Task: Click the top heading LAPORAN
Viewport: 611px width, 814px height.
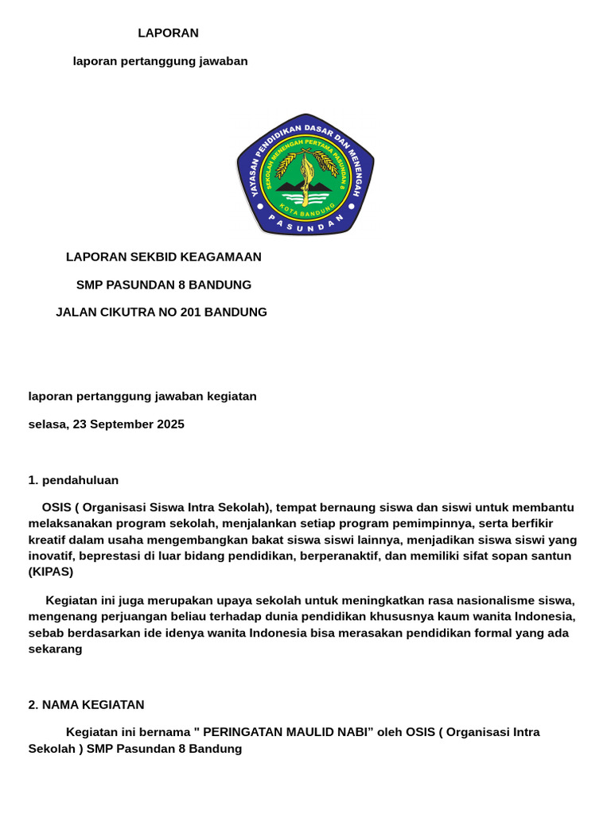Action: [x=168, y=33]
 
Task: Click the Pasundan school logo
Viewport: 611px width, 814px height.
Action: [x=305, y=175]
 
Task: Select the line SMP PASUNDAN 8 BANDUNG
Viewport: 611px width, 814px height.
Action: [x=164, y=285]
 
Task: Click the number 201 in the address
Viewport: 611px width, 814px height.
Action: [x=191, y=312]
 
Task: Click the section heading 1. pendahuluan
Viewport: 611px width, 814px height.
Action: [x=73, y=480]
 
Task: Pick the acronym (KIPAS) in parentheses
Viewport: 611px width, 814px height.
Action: [x=51, y=572]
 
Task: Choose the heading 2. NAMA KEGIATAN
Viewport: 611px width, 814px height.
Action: [x=86, y=705]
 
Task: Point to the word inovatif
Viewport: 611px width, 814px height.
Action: [x=53, y=556]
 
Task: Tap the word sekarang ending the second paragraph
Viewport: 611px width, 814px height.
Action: [x=56, y=649]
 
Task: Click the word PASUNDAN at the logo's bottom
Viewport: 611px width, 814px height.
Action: [x=305, y=226]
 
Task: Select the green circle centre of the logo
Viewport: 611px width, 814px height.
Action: [x=305, y=178]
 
